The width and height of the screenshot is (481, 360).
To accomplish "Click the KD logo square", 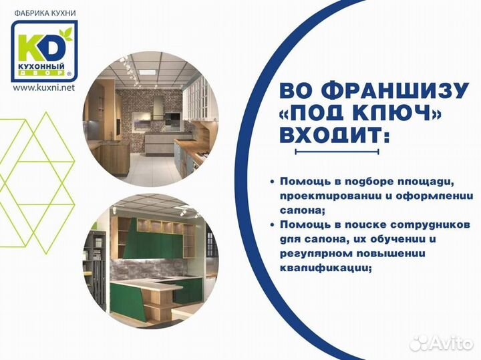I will tap(43, 51).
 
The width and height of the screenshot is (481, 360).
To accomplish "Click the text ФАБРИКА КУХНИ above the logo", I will tap(44, 12).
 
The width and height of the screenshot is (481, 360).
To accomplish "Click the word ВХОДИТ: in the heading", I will tap(333, 135).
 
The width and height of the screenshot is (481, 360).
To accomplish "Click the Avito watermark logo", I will tap(440, 343).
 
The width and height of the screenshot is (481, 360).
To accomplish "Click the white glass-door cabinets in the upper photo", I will tap(196, 100).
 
